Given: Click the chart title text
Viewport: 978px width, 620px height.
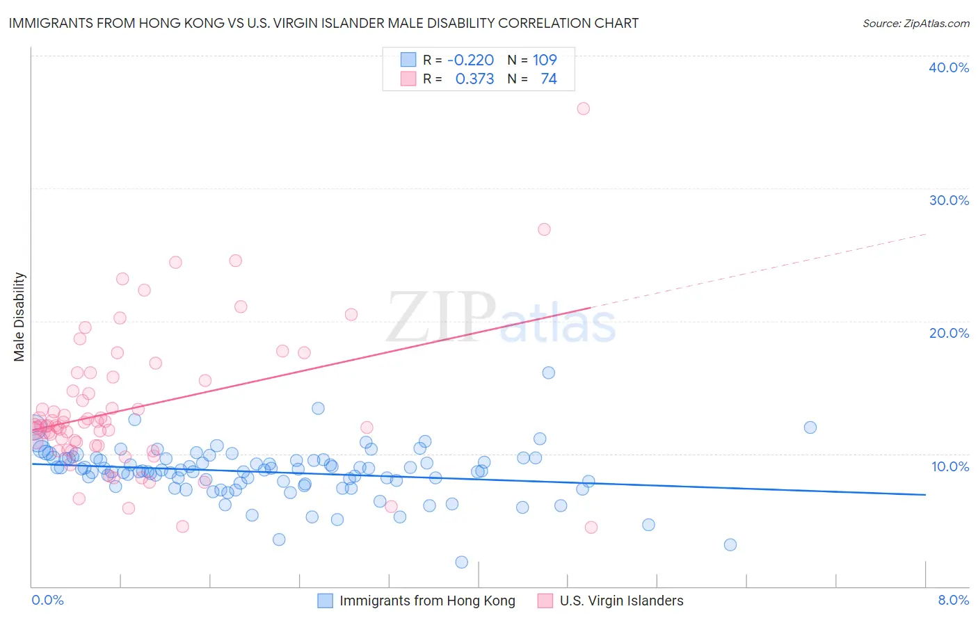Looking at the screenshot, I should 323,23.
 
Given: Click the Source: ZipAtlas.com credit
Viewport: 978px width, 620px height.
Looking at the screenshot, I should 915,23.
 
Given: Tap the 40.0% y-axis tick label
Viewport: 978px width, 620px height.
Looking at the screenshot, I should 949,67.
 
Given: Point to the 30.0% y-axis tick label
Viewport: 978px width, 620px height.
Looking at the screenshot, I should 949,200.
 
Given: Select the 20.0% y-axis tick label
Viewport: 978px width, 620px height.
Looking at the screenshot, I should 949,333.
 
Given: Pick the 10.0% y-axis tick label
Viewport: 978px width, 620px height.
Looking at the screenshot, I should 949,466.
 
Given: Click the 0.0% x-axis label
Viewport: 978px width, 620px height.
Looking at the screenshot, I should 47,600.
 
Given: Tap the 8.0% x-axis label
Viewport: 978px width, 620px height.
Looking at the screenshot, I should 953,600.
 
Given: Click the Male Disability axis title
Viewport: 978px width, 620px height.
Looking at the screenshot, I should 19,316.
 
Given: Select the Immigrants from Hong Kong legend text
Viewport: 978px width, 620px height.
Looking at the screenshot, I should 427,601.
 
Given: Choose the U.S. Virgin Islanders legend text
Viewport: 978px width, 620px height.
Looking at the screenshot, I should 621,601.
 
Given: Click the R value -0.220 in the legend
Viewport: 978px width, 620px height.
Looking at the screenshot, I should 470,60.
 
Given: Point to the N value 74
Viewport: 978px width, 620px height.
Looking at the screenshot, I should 548,79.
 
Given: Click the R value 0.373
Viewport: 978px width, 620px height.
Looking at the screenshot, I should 474,79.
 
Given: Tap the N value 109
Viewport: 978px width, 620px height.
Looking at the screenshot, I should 545,60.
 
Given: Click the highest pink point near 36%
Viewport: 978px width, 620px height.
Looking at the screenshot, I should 583,108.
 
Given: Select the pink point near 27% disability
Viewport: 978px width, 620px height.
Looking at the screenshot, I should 544,229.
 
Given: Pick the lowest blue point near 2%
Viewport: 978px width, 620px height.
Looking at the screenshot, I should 461,562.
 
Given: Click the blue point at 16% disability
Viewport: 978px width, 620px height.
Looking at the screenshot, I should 548,373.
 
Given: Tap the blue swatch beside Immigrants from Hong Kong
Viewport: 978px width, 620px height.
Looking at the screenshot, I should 325,601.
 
